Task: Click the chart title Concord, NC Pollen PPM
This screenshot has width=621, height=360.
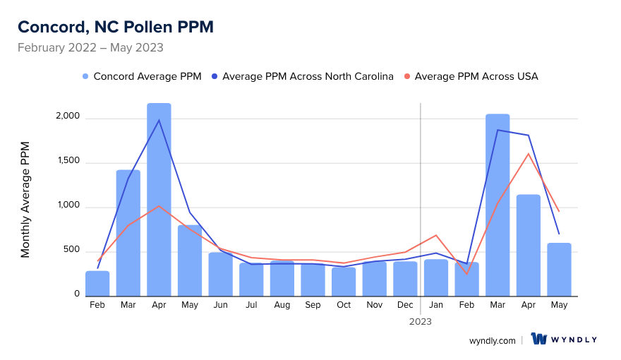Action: (116, 27)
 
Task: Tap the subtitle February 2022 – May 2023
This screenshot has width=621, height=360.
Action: (90, 48)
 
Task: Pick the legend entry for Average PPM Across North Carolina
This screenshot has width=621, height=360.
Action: (308, 76)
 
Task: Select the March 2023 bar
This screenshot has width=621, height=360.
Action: (498, 205)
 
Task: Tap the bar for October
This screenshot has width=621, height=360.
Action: (344, 282)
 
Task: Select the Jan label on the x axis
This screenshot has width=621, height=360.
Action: (436, 305)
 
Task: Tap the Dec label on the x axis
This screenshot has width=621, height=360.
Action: (405, 305)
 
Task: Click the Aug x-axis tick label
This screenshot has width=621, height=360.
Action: (282, 305)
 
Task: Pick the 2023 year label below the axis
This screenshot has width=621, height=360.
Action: (421, 321)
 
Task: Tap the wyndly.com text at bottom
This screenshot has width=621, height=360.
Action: (492, 340)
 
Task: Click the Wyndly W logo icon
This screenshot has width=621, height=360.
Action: (539, 340)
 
